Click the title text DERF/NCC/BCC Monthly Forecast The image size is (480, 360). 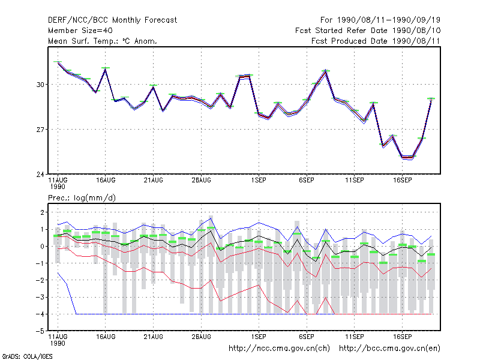coord(112,20)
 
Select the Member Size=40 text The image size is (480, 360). coord(80,31)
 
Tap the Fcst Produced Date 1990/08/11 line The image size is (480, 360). coord(376,41)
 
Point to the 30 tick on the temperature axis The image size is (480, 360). coord(40,85)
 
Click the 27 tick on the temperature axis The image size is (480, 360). coord(40,130)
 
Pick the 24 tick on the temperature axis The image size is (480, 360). coord(40,175)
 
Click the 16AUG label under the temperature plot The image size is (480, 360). coord(106,181)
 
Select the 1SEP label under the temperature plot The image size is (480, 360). coord(259,181)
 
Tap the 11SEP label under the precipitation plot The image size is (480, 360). coord(355,337)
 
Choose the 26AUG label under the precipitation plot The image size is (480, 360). coord(202,337)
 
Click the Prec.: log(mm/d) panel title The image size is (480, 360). coord(82,198)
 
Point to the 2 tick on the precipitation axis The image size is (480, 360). coord(42,212)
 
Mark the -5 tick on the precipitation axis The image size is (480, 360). coord(40,331)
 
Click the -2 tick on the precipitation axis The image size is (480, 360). coord(40,280)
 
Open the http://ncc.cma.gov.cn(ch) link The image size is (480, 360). coord(279,349)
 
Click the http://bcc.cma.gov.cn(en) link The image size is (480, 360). coord(389,349)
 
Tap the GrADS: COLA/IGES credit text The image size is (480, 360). coord(28,356)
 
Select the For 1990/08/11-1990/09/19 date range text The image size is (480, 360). coord(380,20)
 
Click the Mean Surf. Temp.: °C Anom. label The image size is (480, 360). coord(103,41)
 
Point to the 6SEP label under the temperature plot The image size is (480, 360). coord(307,181)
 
